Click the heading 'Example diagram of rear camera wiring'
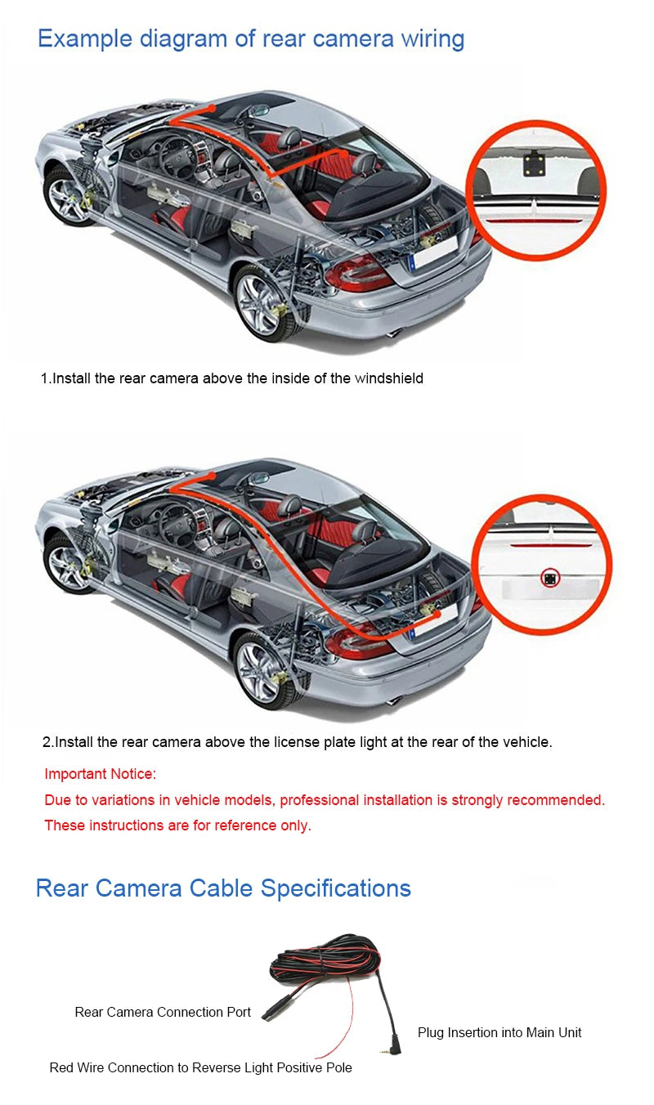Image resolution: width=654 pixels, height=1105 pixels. pyautogui.click(x=251, y=39)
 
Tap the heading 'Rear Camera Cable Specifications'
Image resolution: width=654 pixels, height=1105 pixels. pyautogui.click(x=223, y=888)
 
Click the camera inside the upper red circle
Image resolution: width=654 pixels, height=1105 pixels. pyautogui.click(x=534, y=163)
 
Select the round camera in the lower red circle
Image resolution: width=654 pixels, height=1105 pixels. pyautogui.click(x=550, y=578)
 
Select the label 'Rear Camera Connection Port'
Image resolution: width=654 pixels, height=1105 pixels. pyautogui.click(x=163, y=1012)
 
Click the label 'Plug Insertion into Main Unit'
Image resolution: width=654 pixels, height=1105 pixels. pyautogui.click(x=499, y=1032)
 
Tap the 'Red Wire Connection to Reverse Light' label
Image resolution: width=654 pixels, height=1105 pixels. pyautogui.click(x=200, y=1067)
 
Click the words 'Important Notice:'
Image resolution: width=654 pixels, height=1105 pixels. pyautogui.click(x=101, y=773)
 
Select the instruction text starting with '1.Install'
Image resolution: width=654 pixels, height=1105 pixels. pyautogui.click(x=232, y=378)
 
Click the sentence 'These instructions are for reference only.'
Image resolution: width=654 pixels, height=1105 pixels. pyautogui.click(x=177, y=825)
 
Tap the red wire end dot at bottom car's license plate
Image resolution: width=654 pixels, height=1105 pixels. pyautogui.click(x=437, y=615)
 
